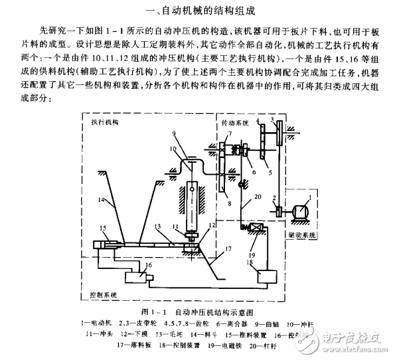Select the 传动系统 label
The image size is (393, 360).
click(236, 124)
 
